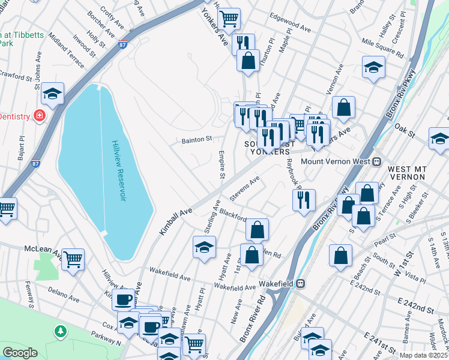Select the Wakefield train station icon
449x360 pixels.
[x=302, y=283]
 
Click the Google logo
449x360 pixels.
[x=20, y=352]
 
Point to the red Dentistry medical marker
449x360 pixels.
[x=40, y=115]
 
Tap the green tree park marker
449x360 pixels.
[x=59, y=331]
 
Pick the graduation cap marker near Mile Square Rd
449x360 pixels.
[x=373, y=67]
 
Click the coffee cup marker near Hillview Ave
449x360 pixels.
[x=123, y=299]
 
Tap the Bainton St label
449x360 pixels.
[x=197, y=140]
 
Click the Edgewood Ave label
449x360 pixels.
[x=290, y=28]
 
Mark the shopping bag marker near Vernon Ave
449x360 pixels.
[x=343, y=107]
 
